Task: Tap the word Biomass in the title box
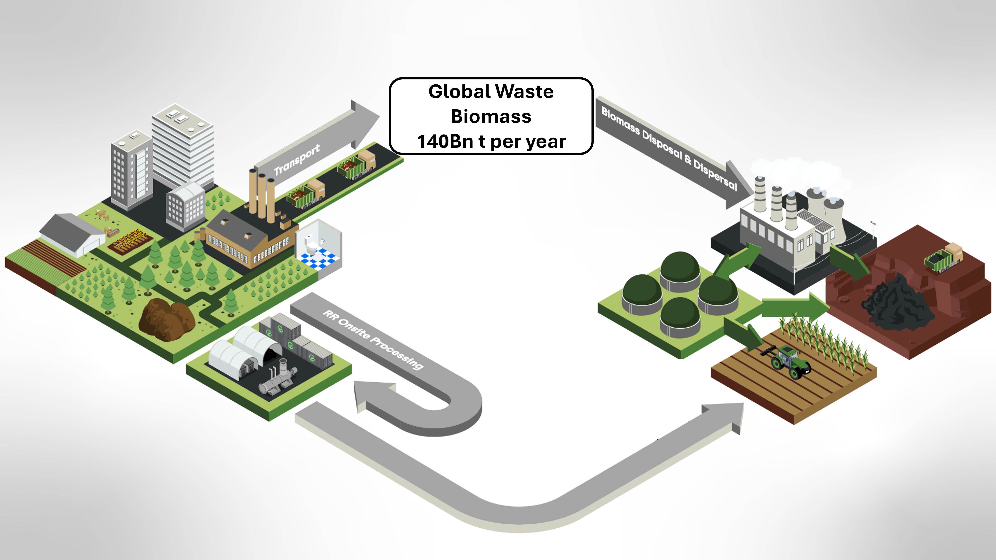click(x=491, y=116)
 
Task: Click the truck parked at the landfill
click(x=943, y=257)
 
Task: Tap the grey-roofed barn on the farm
click(x=72, y=234)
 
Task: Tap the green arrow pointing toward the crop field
click(x=744, y=334)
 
